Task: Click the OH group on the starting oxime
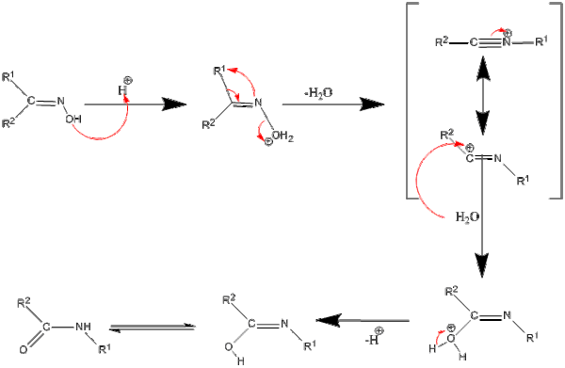point(73,120)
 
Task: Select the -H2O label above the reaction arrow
point(318,93)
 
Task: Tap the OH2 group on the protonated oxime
point(282,136)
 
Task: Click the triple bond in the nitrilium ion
point(490,43)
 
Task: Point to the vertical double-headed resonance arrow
point(482,95)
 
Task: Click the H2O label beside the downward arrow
point(467,216)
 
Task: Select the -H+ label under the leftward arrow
point(375,336)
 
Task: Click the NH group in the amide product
point(83,327)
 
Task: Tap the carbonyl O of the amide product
point(23,350)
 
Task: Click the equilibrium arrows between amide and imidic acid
point(153,327)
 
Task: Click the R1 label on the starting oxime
point(8,76)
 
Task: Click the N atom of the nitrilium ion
point(507,42)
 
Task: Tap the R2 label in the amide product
point(24,304)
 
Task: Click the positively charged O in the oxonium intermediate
point(451,338)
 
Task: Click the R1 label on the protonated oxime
point(219,71)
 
